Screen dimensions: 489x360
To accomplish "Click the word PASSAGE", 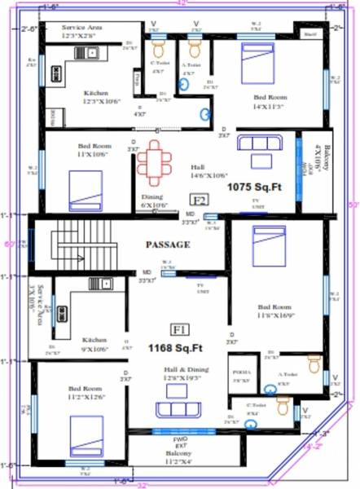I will tap(168, 244).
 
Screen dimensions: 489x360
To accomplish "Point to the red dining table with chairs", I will tap(152, 160).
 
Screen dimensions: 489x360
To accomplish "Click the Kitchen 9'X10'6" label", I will tap(94, 343).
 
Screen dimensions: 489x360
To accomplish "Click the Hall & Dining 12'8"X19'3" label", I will tap(187, 374).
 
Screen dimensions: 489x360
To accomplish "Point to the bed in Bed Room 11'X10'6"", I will tap(85, 192).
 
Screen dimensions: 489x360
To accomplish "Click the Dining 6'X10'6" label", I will tap(152, 201).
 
